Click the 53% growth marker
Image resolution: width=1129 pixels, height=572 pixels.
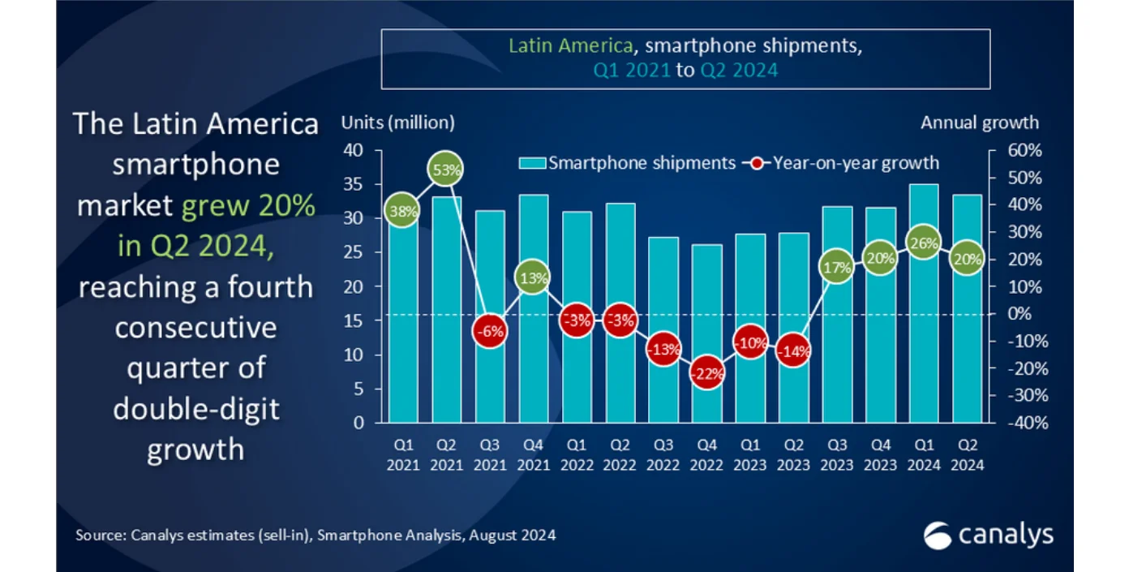(446, 170)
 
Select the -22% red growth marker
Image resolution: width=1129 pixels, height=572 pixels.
(706, 372)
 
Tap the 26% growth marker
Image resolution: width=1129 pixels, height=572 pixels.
(924, 243)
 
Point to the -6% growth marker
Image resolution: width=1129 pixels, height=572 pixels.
(490, 330)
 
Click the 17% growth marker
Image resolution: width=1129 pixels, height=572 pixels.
(837, 267)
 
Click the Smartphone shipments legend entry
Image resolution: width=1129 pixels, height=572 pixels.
(628, 163)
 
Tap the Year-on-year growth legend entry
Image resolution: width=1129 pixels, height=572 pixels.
(844, 163)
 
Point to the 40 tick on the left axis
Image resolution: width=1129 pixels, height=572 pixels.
(353, 151)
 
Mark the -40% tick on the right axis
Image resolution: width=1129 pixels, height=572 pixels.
(1014, 424)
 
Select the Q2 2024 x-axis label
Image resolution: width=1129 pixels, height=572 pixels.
(967, 455)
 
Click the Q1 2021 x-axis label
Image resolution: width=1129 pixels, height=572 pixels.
(403, 455)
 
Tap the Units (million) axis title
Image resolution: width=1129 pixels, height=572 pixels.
(397, 123)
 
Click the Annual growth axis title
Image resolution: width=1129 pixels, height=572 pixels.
(979, 123)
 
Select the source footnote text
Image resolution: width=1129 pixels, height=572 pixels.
(316, 535)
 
